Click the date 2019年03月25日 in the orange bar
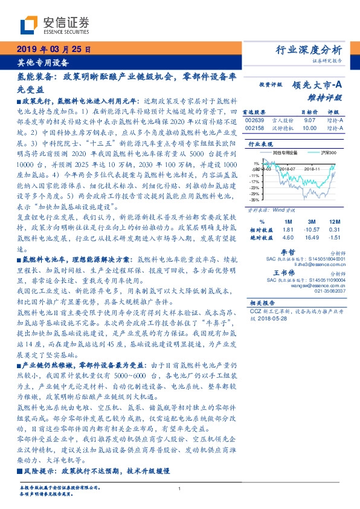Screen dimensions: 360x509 pyautogui.click(x=53, y=49)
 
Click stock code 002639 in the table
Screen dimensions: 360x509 pyautogui.click(x=254, y=121)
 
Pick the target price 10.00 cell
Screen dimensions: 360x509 pyautogui.click(x=309, y=128)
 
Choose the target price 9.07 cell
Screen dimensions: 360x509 pyautogui.click(x=309, y=121)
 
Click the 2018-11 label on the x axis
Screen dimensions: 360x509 pyautogui.click(x=315, y=170)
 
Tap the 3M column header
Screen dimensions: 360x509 pyautogui.click(x=310, y=221)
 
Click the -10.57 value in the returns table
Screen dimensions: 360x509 pyautogui.click(x=310, y=230)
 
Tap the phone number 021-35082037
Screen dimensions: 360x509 pyautogui.click(x=330, y=291)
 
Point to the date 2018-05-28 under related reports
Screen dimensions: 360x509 pyautogui.click(x=268, y=319)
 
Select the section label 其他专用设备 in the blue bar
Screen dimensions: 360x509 pyautogui.click(x=42, y=62)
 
